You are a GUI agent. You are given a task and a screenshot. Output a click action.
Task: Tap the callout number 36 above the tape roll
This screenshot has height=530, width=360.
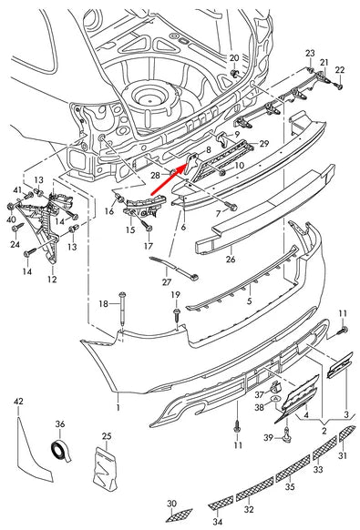click(60, 423)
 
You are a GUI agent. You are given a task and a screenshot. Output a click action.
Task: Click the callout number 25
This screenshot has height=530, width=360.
click(106, 438)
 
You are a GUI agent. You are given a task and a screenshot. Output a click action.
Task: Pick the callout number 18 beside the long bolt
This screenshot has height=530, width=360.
click(104, 303)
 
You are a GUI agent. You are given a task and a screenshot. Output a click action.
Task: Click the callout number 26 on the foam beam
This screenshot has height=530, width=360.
click(230, 260)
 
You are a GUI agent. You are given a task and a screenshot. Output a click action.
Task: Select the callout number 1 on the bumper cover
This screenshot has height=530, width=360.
click(118, 397)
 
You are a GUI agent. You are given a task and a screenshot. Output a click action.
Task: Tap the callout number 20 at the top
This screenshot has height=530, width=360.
click(233, 57)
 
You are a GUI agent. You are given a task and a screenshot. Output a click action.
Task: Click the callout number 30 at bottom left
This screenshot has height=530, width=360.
click(171, 504)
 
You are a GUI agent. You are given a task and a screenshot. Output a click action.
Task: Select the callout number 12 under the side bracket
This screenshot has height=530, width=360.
click(52, 280)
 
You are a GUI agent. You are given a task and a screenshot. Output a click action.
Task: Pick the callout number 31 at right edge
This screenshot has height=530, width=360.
click(343, 455)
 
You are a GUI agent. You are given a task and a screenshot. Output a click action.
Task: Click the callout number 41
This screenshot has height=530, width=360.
click(17, 189)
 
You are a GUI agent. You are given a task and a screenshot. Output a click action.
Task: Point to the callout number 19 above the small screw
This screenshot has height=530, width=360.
click(176, 295)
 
